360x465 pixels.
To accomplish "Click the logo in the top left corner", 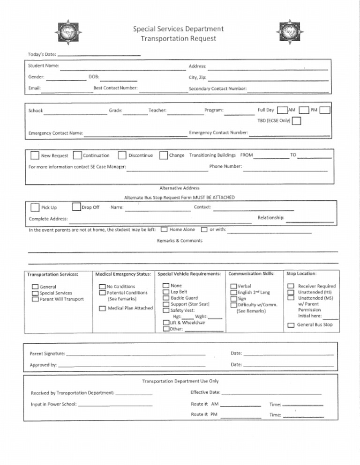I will (68, 33).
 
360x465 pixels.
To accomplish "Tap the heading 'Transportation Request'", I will (179, 38).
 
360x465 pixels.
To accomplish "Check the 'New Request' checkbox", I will (35, 155).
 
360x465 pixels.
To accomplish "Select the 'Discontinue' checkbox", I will (122, 155).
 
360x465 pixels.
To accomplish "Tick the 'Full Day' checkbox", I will (282, 111).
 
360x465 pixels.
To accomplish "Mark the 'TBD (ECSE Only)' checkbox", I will (296, 121).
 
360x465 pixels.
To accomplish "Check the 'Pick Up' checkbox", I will (35, 207).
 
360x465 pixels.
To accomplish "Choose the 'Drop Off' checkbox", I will (76, 207).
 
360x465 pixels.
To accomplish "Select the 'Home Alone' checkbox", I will (164, 230).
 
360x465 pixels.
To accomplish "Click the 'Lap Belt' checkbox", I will (166, 292).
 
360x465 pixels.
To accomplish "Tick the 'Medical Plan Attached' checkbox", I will (102, 309).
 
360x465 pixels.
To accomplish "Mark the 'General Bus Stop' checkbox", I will (291, 325).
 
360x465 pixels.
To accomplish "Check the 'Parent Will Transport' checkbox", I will (35, 299).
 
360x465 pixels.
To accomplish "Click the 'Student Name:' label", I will (43, 66).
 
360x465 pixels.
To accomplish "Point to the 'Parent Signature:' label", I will (47, 354).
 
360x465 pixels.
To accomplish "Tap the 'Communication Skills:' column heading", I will (252, 273).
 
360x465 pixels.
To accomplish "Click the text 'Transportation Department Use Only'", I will (180, 381).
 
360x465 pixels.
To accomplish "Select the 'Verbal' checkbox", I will (233, 286).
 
